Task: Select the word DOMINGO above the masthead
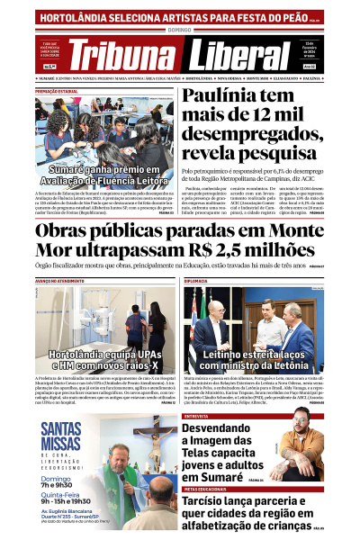click(x=180, y=30)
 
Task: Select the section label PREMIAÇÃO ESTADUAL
click(x=58, y=91)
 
